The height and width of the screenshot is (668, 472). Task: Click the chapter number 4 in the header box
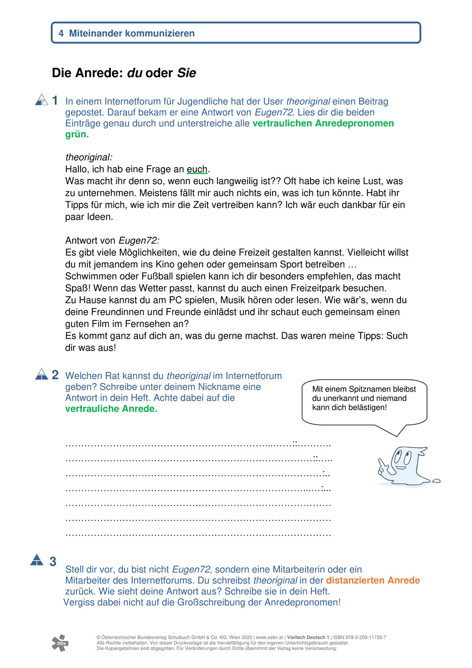62,33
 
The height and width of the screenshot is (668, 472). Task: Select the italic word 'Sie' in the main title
187,73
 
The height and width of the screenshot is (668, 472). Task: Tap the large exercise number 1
55,100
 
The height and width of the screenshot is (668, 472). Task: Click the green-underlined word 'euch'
197,169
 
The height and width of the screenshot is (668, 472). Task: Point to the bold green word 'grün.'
77,135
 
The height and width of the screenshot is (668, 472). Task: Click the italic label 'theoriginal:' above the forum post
89,158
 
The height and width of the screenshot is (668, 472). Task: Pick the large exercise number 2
55,375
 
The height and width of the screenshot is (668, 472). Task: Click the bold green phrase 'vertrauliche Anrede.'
111,409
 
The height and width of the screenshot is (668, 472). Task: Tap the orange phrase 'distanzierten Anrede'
373,580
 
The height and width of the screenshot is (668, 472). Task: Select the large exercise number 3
53,561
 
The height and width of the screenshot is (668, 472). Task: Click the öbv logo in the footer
59,643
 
